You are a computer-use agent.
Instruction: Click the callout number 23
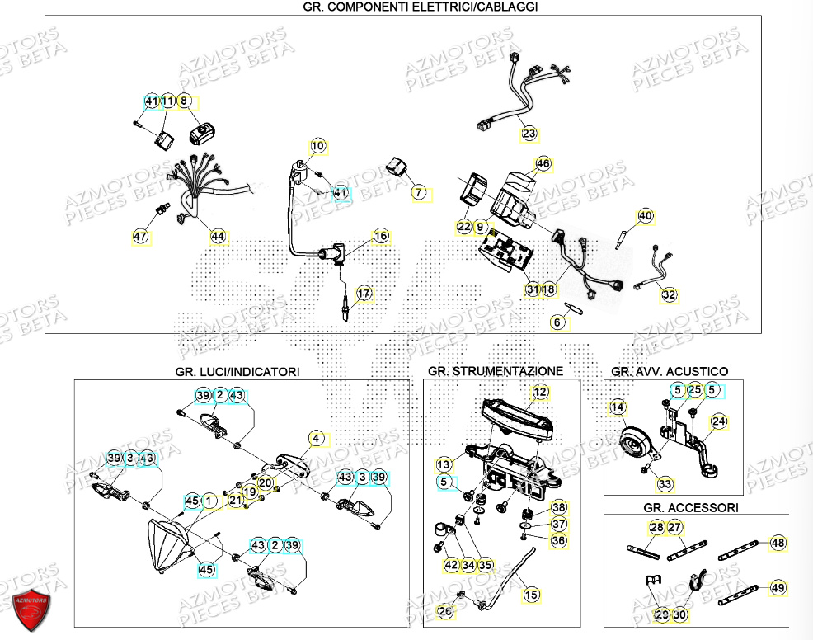[x=529, y=133]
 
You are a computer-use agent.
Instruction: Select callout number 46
[x=542, y=163]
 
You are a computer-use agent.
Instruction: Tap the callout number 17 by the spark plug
[x=364, y=293]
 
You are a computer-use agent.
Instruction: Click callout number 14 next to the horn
[x=618, y=407]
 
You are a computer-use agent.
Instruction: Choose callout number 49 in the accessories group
[x=778, y=588]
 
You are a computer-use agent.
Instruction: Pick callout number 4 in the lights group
[x=317, y=438]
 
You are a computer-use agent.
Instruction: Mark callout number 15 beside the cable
[x=531, y=593]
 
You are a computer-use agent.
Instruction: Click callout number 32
[x=669, y=294]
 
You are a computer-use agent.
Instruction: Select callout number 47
[x=141, y=237]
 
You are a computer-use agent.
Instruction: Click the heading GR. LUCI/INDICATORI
[x=237, y=372]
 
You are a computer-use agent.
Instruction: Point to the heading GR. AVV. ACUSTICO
[x=670, y=372]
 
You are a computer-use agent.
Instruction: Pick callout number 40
[x=645, y=216]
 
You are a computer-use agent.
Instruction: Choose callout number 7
[x=419, y=193]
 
